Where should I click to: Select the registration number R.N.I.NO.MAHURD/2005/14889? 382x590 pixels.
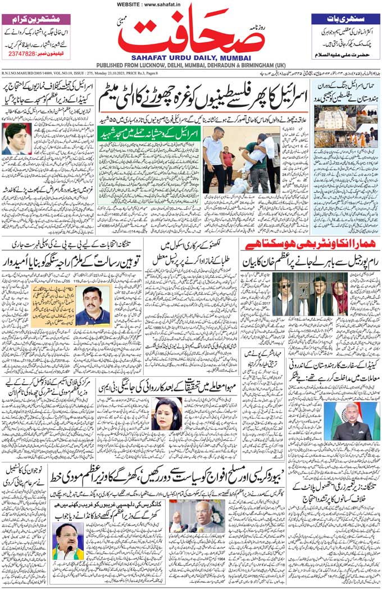(x=28, y=73)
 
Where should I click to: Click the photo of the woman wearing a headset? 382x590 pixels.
(x=166, y=415)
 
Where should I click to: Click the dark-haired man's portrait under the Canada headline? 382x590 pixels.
(x=16, y=138)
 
